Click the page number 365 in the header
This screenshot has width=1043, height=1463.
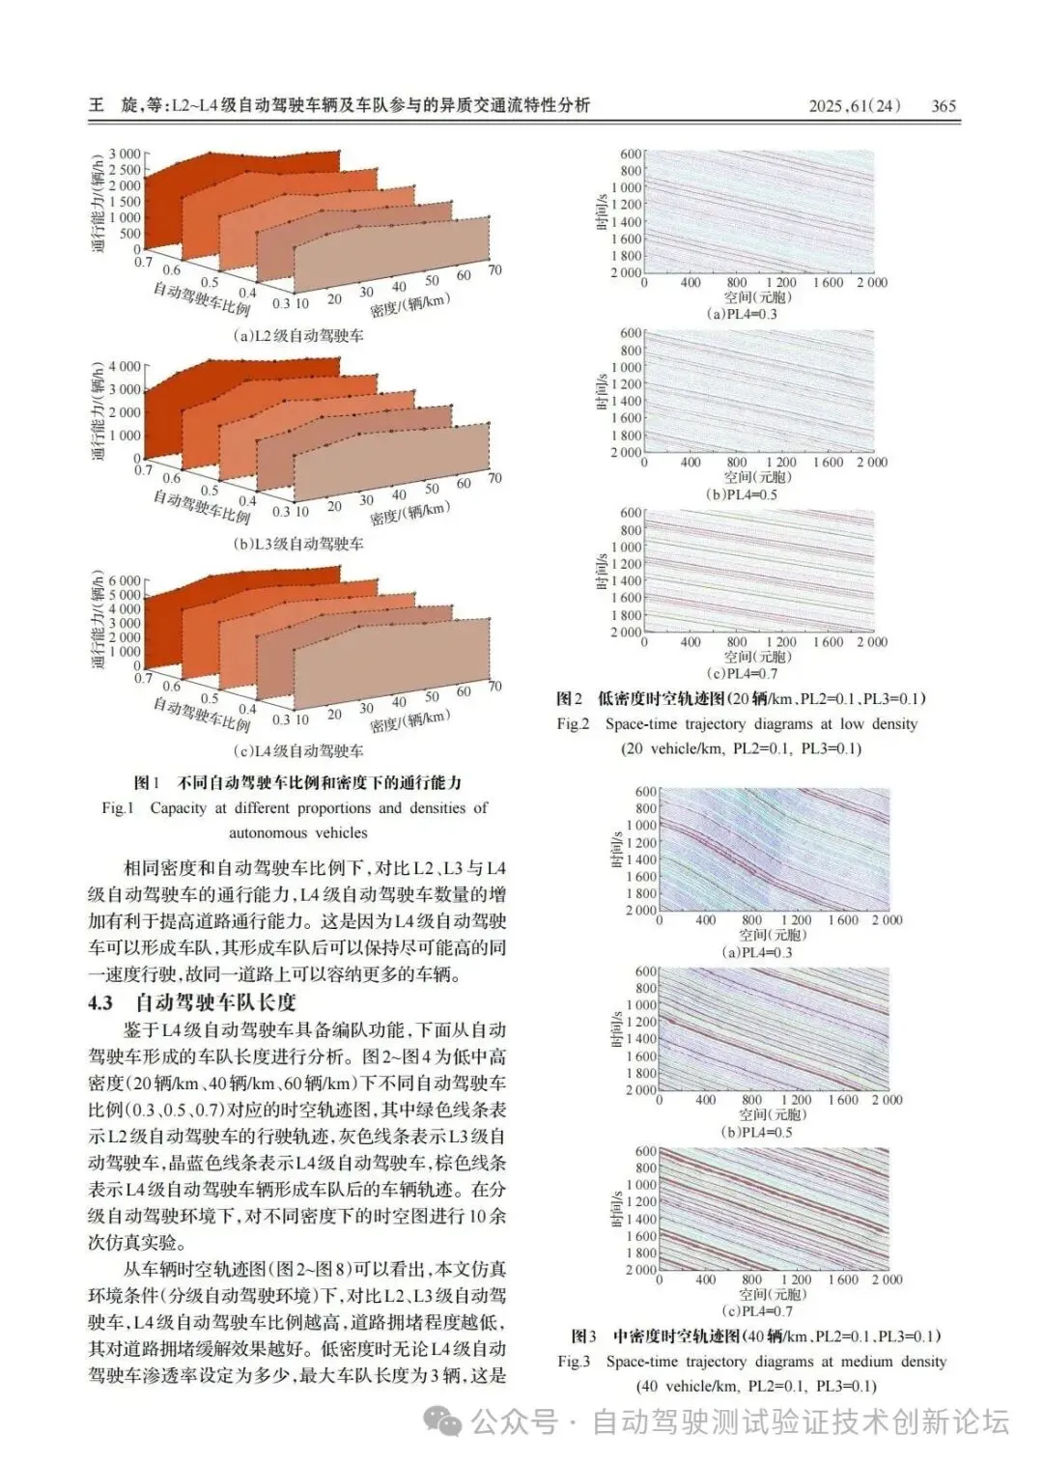click(943, 106)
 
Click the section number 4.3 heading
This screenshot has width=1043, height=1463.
click(100, 1002)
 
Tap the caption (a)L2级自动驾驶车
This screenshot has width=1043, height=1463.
click(298, 336)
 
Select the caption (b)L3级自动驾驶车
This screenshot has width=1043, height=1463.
click(298, 544)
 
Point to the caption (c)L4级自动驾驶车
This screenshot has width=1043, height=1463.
click(298, 750)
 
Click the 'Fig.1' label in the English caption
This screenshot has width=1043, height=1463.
click(118, 807)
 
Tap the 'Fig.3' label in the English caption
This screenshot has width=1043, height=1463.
click(574, 1362)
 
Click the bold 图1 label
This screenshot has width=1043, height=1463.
click(147, 782)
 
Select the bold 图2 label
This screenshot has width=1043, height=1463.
click(570, 698)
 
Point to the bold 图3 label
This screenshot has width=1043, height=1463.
click(583, 1336)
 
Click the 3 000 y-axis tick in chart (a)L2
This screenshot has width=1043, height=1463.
click(125, 155)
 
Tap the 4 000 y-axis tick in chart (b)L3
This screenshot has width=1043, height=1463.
click(125, 367)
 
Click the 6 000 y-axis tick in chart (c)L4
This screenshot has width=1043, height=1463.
click(125, 581)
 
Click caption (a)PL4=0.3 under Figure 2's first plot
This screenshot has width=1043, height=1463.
click(742, 314)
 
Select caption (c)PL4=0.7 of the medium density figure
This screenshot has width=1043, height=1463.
click(756, 1311)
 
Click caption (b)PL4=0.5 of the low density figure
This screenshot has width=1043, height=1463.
click(742, 494)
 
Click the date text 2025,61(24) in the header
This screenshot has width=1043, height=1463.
click(854, 106)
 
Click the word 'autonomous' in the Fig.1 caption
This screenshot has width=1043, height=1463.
click(271, 832)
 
